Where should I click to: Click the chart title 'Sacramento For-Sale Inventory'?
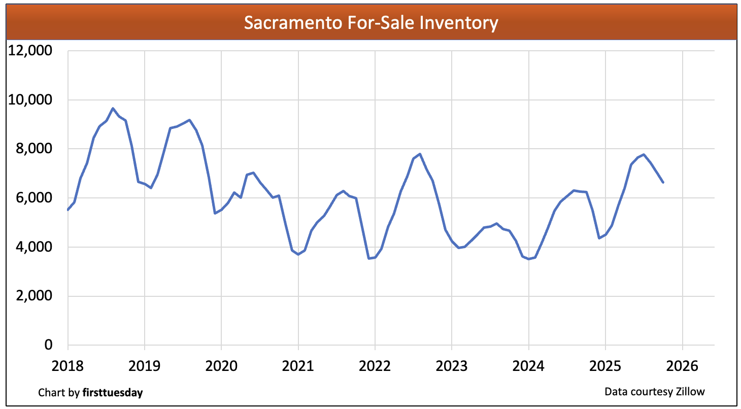pos(371,23)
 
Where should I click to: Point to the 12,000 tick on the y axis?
pos(30,51)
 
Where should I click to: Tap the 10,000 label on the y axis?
pos(30,100)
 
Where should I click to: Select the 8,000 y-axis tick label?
pos(33,149)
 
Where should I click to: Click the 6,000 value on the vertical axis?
pos(33,198)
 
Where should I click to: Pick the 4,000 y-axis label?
pos(33,247)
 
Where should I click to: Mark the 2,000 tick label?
pos(33,296)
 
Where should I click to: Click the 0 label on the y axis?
pos(48,345)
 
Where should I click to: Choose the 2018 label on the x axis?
pos(68,365)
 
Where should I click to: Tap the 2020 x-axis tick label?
pos(221,365)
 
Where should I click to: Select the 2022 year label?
pos(375,365)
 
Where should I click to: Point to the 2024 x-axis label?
pos(528,365)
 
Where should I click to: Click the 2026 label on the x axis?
pos(682,365)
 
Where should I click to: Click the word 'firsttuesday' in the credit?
pos(112,393)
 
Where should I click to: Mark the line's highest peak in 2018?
pos(113,108)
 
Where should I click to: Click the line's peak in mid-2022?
pos(420,154)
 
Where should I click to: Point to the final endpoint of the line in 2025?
pos(663,182)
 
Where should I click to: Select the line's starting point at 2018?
pos(68,210)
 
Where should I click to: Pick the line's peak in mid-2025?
pos(644,154)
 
